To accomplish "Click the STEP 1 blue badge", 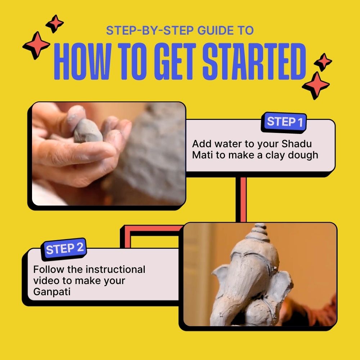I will coord(284,122).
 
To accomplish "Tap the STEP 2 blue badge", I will coord(65,249).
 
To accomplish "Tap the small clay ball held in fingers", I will coord(88,132).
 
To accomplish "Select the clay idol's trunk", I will coord(248,288).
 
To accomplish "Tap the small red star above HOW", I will coord(55,24).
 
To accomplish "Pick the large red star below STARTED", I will coord(316,85).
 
